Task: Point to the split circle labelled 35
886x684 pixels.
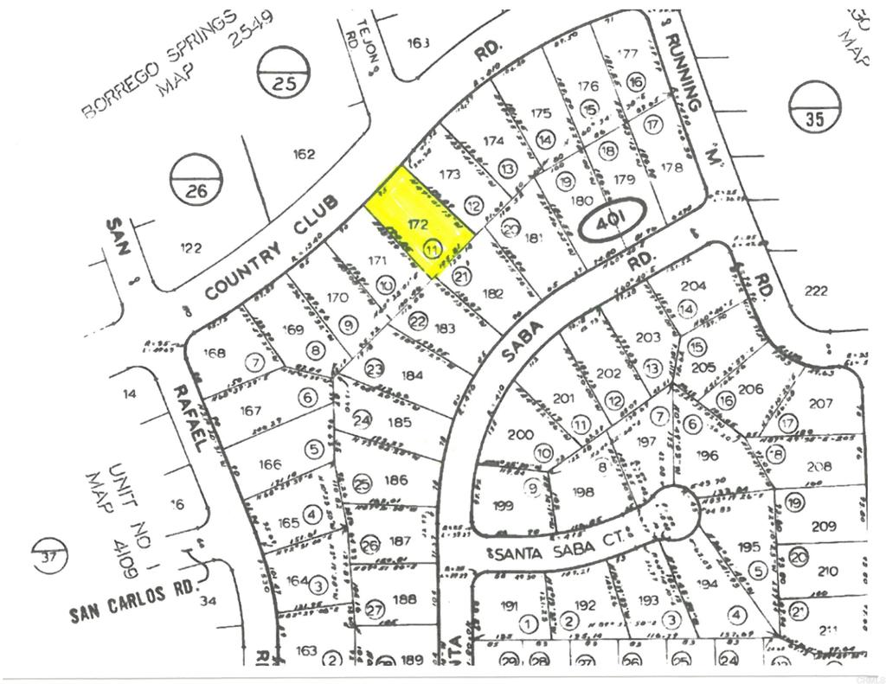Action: [815, 107]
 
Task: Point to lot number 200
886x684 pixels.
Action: [521, 434]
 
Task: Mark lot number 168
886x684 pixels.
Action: [214, 353]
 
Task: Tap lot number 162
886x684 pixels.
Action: [304, 155]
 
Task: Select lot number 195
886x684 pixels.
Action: [749, 547]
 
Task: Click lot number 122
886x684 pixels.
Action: [191, 248]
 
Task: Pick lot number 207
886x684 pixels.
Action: [821, 403]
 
